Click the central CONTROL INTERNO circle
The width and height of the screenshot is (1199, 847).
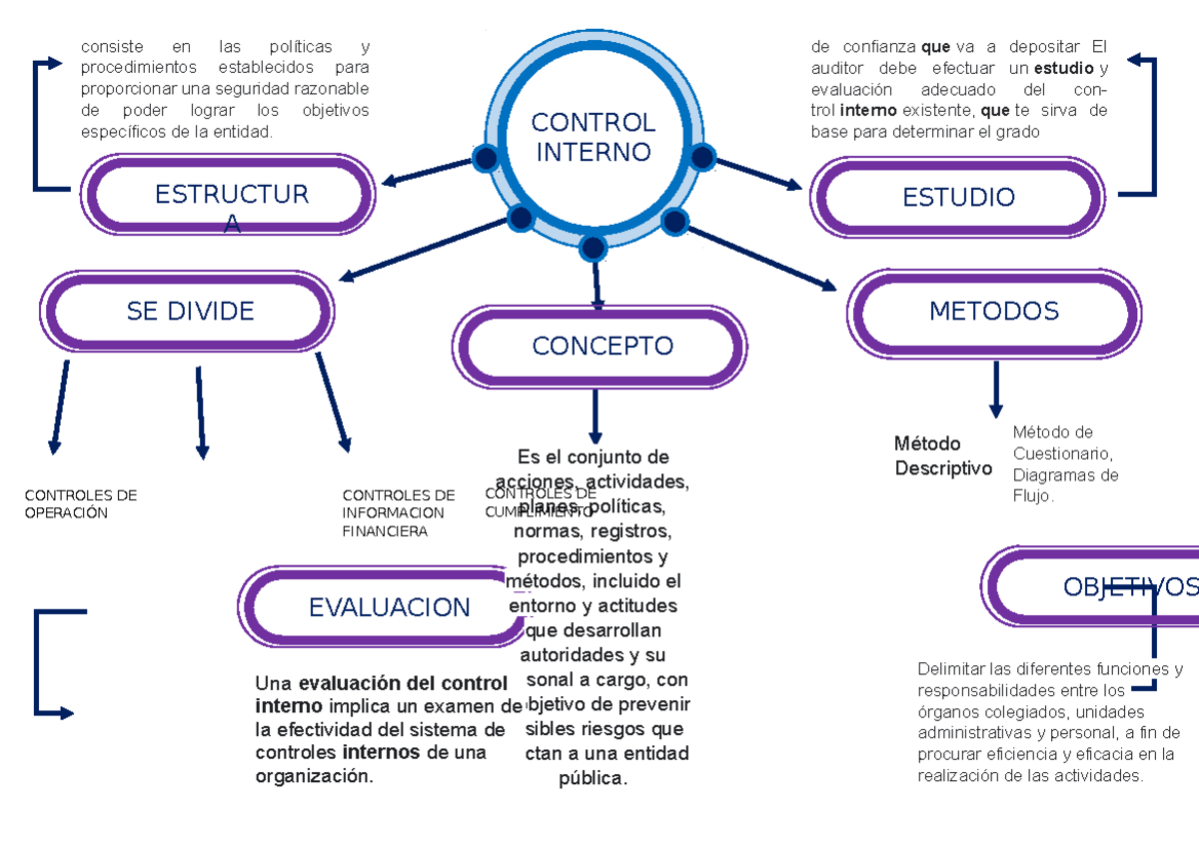(x=593, y=138)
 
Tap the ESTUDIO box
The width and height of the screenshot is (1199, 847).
(x=957, y=197)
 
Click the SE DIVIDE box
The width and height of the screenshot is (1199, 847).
(x=190, y=311)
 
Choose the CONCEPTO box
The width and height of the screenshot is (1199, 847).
(x=601, y=346)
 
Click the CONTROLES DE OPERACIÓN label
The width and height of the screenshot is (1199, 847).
(x=80, y=503)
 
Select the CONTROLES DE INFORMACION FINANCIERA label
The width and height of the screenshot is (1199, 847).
(x=397, y=512)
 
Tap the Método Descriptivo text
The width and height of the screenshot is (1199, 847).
(x=942, y=455)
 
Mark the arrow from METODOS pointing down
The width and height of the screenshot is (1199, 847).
(x=995, y=390)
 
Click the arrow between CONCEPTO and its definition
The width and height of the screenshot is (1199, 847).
(x=596, y=416)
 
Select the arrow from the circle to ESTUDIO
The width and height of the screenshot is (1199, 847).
(x=759, y=174)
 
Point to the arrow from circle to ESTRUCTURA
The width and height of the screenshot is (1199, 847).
(x=427, y=172)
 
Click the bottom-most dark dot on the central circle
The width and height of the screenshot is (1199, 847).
(x=594, y=248)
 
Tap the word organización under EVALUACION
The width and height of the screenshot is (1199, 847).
(x=313, y=776)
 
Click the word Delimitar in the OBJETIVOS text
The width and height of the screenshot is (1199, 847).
(x=951, y=668)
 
